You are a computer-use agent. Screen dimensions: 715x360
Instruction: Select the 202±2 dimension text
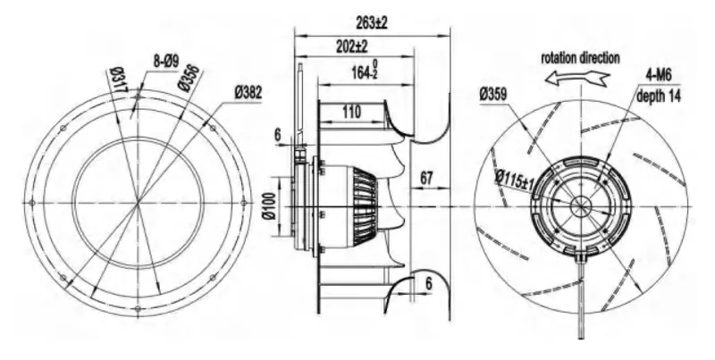pyautogui.click(x=352, y=46)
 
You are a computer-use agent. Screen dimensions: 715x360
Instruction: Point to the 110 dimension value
pyautogui.click(x=350, y=112)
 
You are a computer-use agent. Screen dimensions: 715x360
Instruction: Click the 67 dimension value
pyautogui.click(x=426, y=178)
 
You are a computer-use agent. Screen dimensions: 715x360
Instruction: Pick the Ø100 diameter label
pyautogui.click(x=270, y=206)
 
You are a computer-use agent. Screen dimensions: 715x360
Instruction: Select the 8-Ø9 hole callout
pyautogui.click(x=166, y=61)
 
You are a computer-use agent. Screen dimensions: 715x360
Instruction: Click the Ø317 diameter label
pyautogui.click(x=119, y=80)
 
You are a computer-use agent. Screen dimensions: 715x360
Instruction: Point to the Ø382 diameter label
pyautogui.click(x=248, y=93)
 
